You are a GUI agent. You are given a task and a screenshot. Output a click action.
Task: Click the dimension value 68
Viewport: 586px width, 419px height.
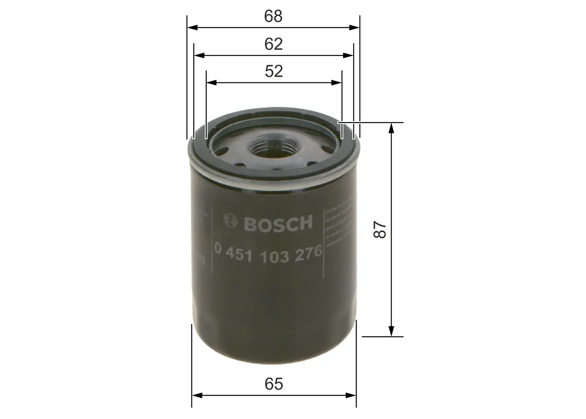pos(274,16)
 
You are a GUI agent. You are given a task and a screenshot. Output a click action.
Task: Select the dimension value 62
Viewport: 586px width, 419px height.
pos(274,44)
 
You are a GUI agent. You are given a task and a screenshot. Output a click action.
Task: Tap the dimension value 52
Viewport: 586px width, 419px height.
pos(274,71)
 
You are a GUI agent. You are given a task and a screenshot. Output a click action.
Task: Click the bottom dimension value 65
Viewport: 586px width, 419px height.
pos(274,384)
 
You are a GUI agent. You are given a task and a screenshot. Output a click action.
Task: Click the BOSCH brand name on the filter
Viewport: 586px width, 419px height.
pos(278,223)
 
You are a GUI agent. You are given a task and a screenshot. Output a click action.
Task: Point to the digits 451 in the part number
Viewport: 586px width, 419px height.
pos(241,257)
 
